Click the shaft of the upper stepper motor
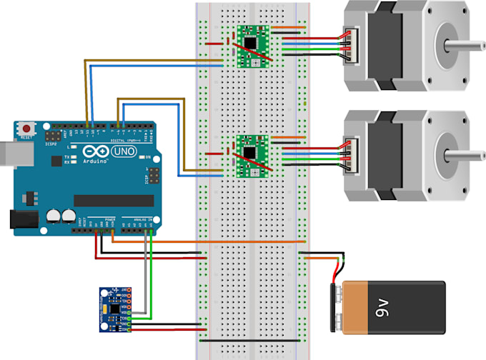pos(465,45)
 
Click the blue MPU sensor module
pos(114,309)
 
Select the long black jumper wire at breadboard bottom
pos(250,341)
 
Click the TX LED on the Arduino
pos(74,156)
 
